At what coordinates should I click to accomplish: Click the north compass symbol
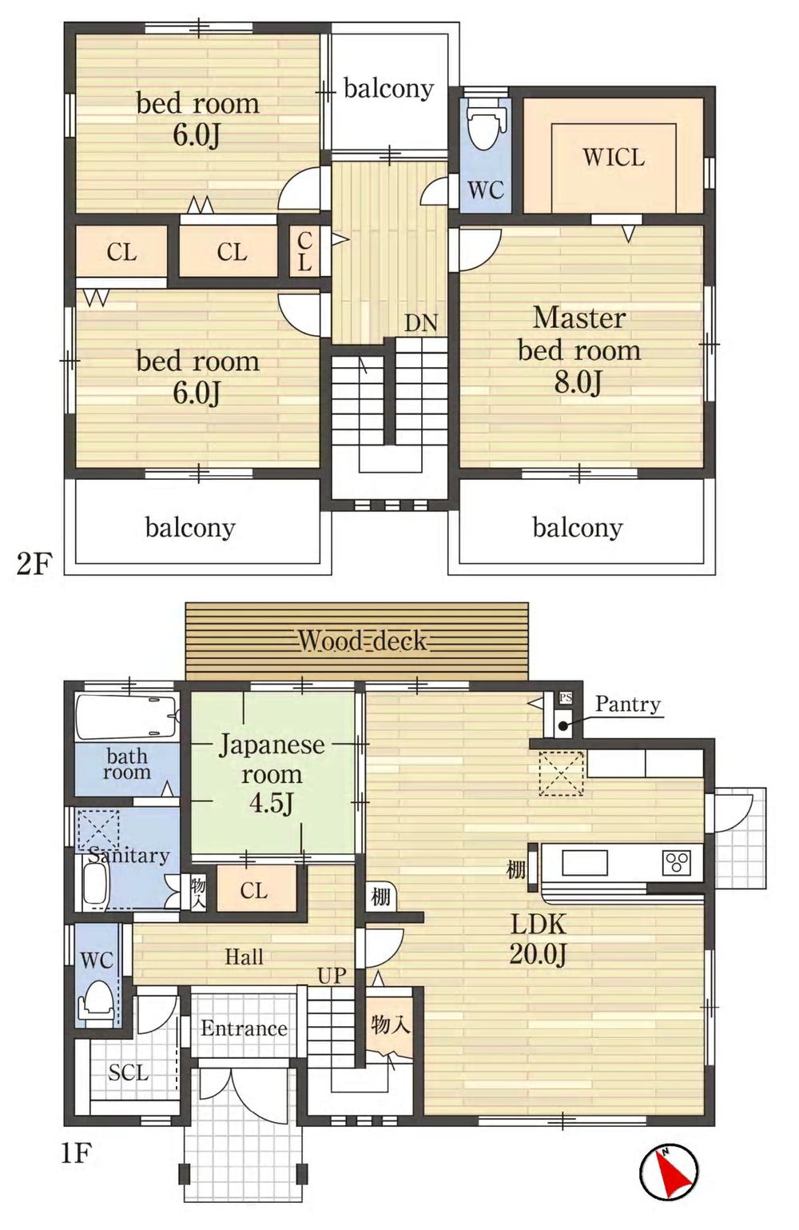pos(669,1173)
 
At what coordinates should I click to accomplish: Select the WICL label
pos(613,158)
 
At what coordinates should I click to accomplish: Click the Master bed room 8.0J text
pos(579,349)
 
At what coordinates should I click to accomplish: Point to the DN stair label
pos(421,323)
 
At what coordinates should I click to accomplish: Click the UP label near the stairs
pos(332,976)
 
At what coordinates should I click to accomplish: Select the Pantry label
pos(628,705)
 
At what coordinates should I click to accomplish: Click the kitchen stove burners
pos(676,863)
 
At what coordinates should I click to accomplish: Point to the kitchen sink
pos(585,863)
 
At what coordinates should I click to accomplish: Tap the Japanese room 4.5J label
pos(272,773)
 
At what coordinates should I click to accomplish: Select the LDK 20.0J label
pos(539,939)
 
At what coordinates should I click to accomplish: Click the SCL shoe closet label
pos(128,1072)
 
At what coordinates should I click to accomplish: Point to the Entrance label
pos(244,1028)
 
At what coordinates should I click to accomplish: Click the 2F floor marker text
pos(34,565)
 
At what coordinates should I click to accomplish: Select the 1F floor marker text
pos(76,1153)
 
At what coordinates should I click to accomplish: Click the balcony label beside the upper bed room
pos(388,89)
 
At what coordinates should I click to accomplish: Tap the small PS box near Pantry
pos(566,698)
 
